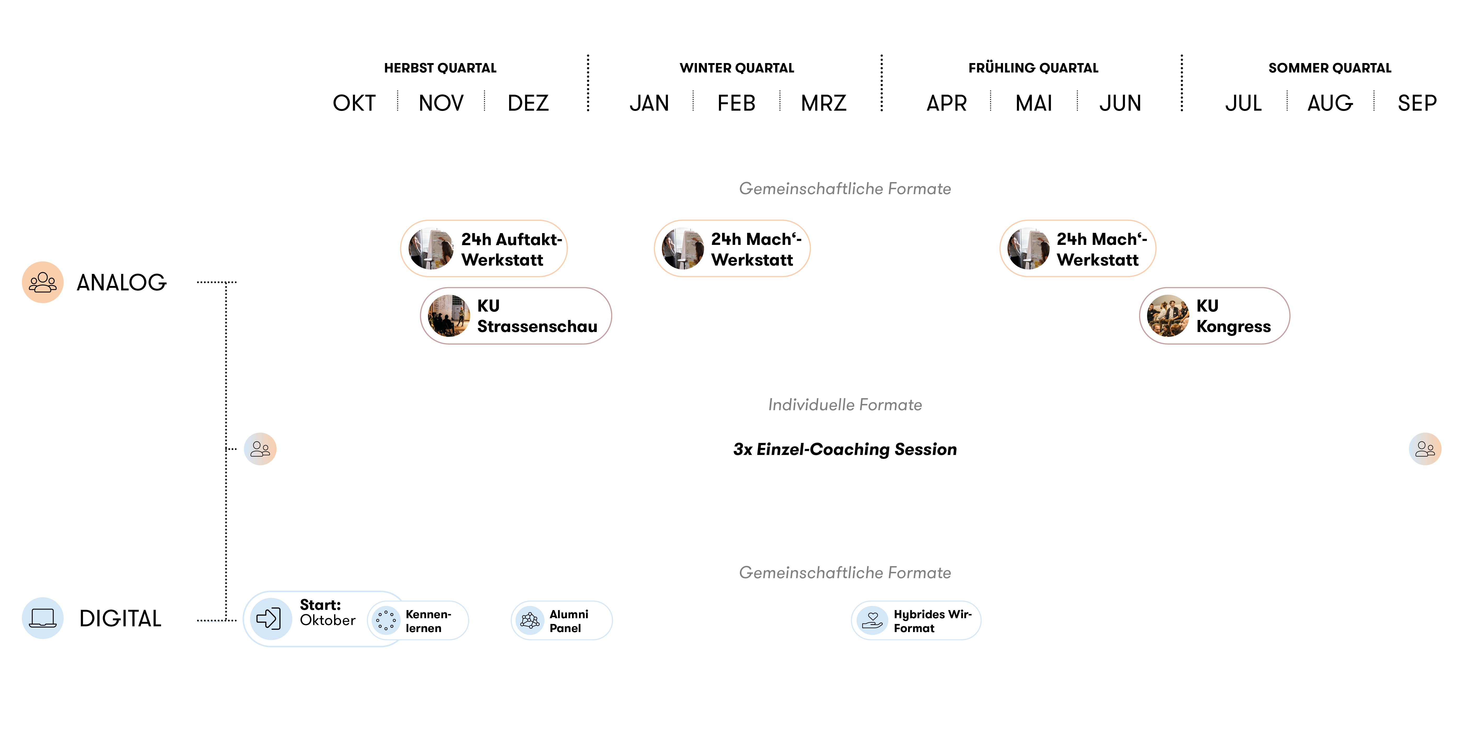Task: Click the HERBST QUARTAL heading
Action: (440, 68)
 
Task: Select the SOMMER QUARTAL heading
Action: (1330, 68)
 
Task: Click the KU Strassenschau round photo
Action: (449, 316)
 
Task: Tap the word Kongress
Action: (1233, 326)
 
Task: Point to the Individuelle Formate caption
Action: (845, 405)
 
